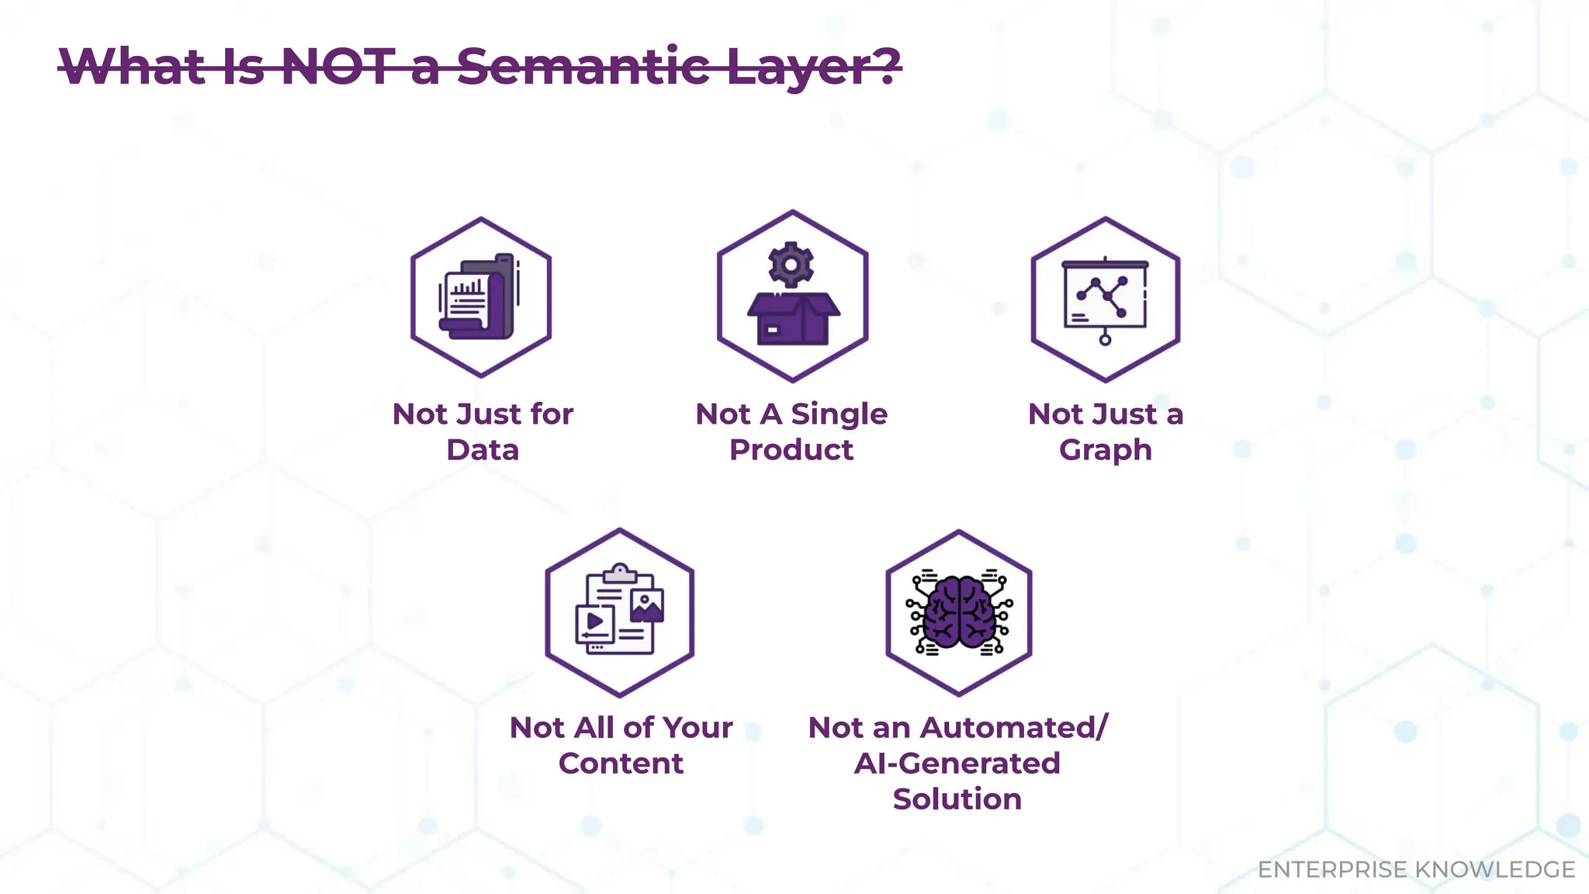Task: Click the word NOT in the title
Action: click(x=338, y=67)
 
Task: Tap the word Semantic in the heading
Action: click(x=583, y=67)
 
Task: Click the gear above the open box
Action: click(x=791, y=265)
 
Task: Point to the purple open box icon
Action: click(x=793, y=318)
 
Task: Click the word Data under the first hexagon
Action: click(x=482, y=450)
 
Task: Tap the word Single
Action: click(x=839, y=414)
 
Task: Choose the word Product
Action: click(x=791, y=450)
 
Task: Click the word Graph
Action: click(x=1105, y=450)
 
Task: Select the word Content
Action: click(x=621, y=764)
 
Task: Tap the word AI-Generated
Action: click(x=957, y=764)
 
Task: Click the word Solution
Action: click(x=957, y=799)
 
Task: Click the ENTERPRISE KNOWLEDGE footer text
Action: click(x=1416, y=869)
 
